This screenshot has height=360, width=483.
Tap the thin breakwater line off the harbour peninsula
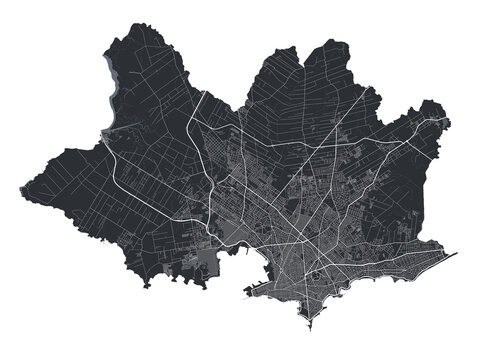[x=250, y=294]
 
